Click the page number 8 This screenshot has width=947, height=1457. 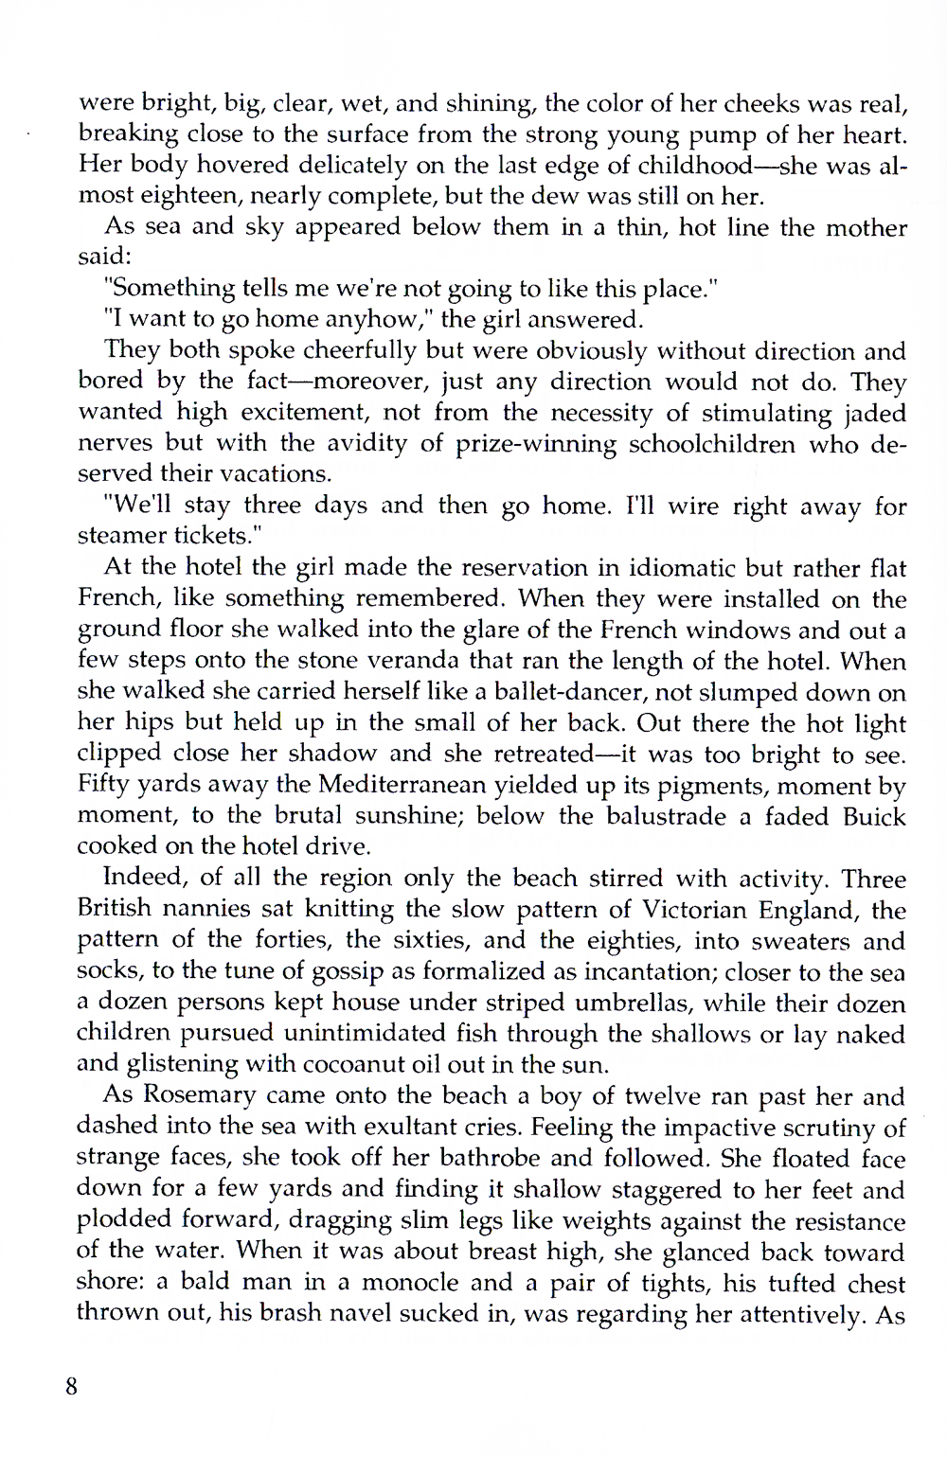pos(71,1386)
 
